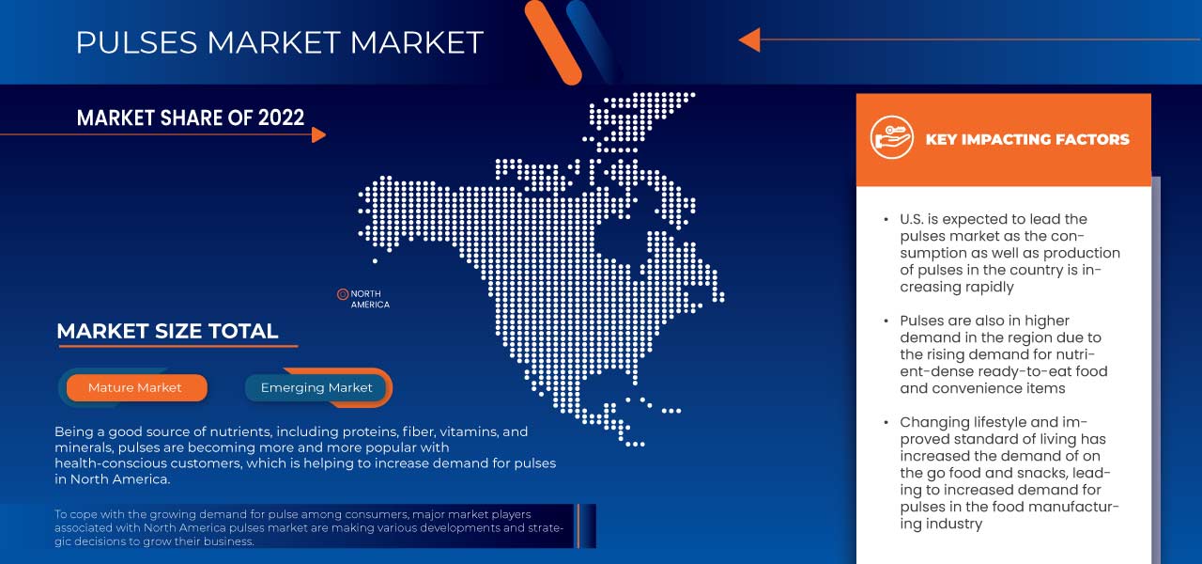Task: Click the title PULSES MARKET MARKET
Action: [x=279, y=42]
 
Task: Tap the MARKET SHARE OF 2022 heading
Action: [x=191, y=117]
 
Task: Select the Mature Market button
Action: [x=135, y=387]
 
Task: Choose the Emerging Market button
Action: [x=316, y=387]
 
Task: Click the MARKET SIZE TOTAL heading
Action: [x=167, y=331]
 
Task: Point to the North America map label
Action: [x=370, y=299]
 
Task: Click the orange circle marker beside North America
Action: [x=343, y=294]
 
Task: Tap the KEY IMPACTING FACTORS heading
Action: [x=1027, y=139]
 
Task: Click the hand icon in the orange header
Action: [x=891, y=138]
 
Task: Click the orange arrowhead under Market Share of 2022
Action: [x=318, y=134]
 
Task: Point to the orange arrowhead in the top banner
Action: [x=748, y=39]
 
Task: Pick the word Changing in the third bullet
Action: [x=933, y=422]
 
